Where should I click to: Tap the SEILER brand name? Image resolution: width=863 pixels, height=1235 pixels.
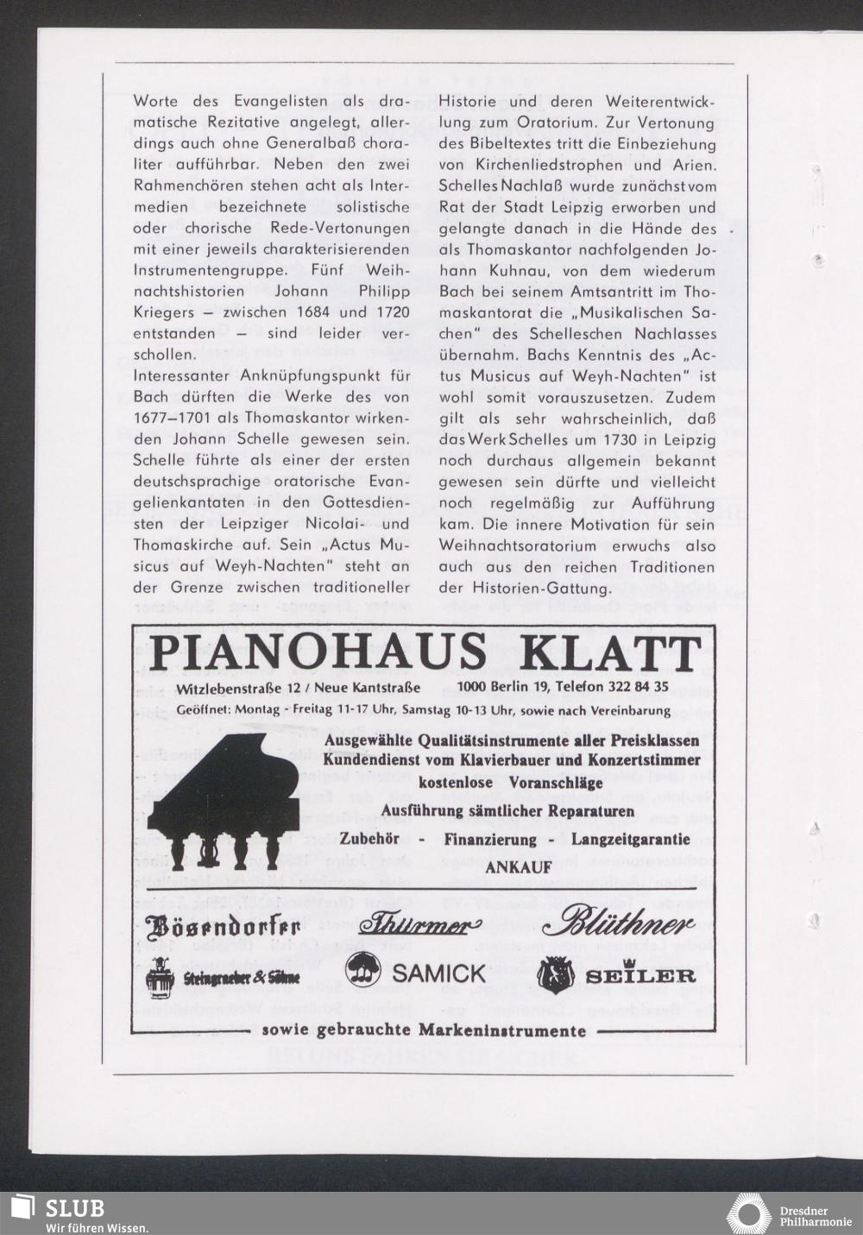pos(642,975)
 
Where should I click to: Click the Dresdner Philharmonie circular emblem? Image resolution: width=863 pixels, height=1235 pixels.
pos(748,1213)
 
